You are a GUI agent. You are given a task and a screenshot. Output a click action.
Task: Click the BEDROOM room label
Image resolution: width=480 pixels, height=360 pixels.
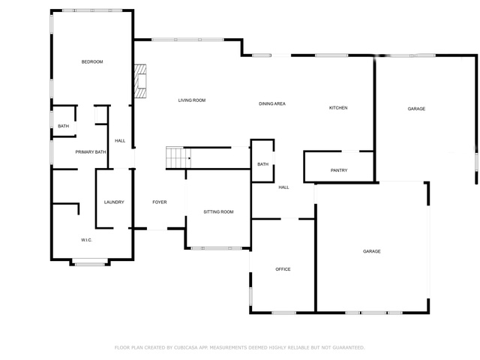[92, 61]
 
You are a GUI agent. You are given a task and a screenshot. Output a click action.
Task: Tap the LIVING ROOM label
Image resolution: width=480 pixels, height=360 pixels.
[192, 100]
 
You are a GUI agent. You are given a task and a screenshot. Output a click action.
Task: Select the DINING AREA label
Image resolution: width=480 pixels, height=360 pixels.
[272, 103]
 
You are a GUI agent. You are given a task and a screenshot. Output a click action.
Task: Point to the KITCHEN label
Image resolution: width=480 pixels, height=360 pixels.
[338, 108]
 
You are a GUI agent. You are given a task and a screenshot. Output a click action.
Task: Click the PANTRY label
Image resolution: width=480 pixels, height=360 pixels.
[339, 170]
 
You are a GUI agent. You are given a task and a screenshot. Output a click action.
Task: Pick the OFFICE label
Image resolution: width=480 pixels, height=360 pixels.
[283, 269]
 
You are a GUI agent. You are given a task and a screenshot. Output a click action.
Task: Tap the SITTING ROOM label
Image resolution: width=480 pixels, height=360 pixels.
[218, 211]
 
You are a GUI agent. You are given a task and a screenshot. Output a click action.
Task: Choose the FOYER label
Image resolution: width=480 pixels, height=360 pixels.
[160, 202]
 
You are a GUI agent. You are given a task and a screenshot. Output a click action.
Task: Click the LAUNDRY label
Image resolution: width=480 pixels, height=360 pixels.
[114, 202]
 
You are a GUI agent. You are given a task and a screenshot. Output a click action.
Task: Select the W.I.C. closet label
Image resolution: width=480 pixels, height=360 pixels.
[87, 240]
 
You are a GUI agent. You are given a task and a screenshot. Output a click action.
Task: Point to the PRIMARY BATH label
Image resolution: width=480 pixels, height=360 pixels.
[91, 151]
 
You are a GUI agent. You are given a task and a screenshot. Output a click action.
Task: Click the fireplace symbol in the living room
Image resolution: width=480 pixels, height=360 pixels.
[140, 81]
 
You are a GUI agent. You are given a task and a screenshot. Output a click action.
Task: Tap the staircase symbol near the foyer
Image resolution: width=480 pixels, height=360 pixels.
[178, 157]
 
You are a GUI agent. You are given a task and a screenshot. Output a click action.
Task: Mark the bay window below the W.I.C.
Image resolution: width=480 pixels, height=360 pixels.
[90, 262]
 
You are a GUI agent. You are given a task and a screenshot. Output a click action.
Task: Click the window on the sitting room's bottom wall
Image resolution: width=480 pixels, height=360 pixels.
[217, 248]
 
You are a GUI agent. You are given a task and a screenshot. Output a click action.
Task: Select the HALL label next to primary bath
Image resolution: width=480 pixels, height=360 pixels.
[120, 141]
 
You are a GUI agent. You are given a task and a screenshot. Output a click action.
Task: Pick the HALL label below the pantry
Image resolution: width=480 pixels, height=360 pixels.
[283, 187]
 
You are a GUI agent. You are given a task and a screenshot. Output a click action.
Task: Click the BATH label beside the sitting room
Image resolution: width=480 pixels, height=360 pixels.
[263, 164]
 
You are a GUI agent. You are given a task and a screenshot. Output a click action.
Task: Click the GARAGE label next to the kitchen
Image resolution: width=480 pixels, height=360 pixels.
[416, 109]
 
